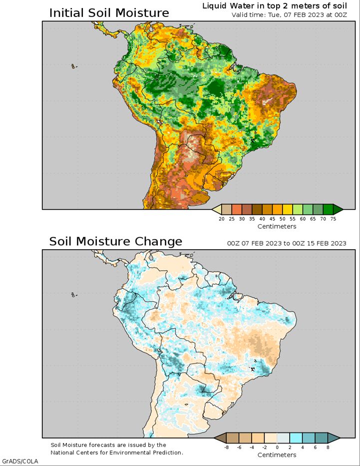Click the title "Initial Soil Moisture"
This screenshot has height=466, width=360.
(x=109, y=13)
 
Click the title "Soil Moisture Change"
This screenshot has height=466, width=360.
(x=115, y=241)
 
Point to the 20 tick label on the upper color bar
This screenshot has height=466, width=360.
(x=222, y=219)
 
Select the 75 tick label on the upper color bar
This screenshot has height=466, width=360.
(x=333, y=219)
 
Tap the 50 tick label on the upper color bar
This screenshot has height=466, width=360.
(x=283, y=219)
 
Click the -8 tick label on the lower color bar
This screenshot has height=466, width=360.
(x=226, y=447)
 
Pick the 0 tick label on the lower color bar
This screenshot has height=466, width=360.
(x=277, y=447)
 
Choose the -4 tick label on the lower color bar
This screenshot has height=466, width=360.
(x=252, y=447)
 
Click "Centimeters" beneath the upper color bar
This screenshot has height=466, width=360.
(x=277, y=226)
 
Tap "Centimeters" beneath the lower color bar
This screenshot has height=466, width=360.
(x=277, y=455)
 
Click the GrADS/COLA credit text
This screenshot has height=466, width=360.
(x=20, y=462)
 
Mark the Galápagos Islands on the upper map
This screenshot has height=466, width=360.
(x=74, y=66)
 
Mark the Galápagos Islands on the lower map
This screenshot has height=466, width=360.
(x=74, y=295)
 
